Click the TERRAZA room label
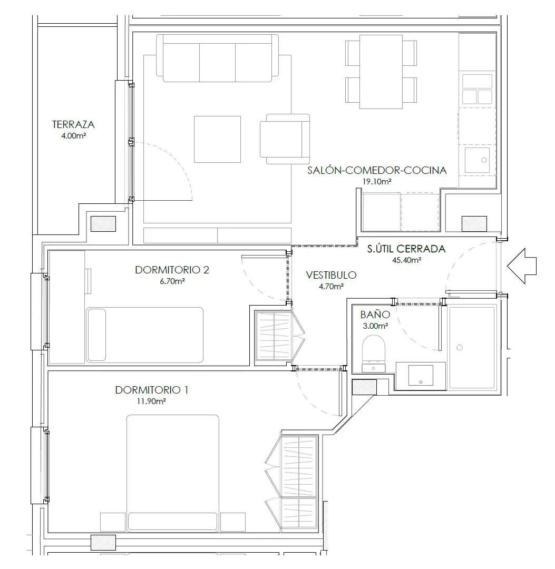pos(73,124)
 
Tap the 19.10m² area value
pos(377,181)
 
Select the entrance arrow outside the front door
pos(522,266)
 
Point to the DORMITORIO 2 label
pos(172,270)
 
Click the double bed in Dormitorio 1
pos(173,473)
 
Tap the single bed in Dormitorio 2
pos(145,335)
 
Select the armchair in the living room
pos(285,139)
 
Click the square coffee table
pos(218,139)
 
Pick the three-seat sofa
pos(218,58)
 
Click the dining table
pos(381,72)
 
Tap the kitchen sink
pos(478,160)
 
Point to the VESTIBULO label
pos(331,275)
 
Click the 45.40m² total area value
pos(406,260)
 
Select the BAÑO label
pos(375,314)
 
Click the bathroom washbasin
pos(421,376)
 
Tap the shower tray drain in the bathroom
pos(460,348)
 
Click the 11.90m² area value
pos(151,401)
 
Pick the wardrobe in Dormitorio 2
pos(274,336)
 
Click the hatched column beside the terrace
pos(103,224)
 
